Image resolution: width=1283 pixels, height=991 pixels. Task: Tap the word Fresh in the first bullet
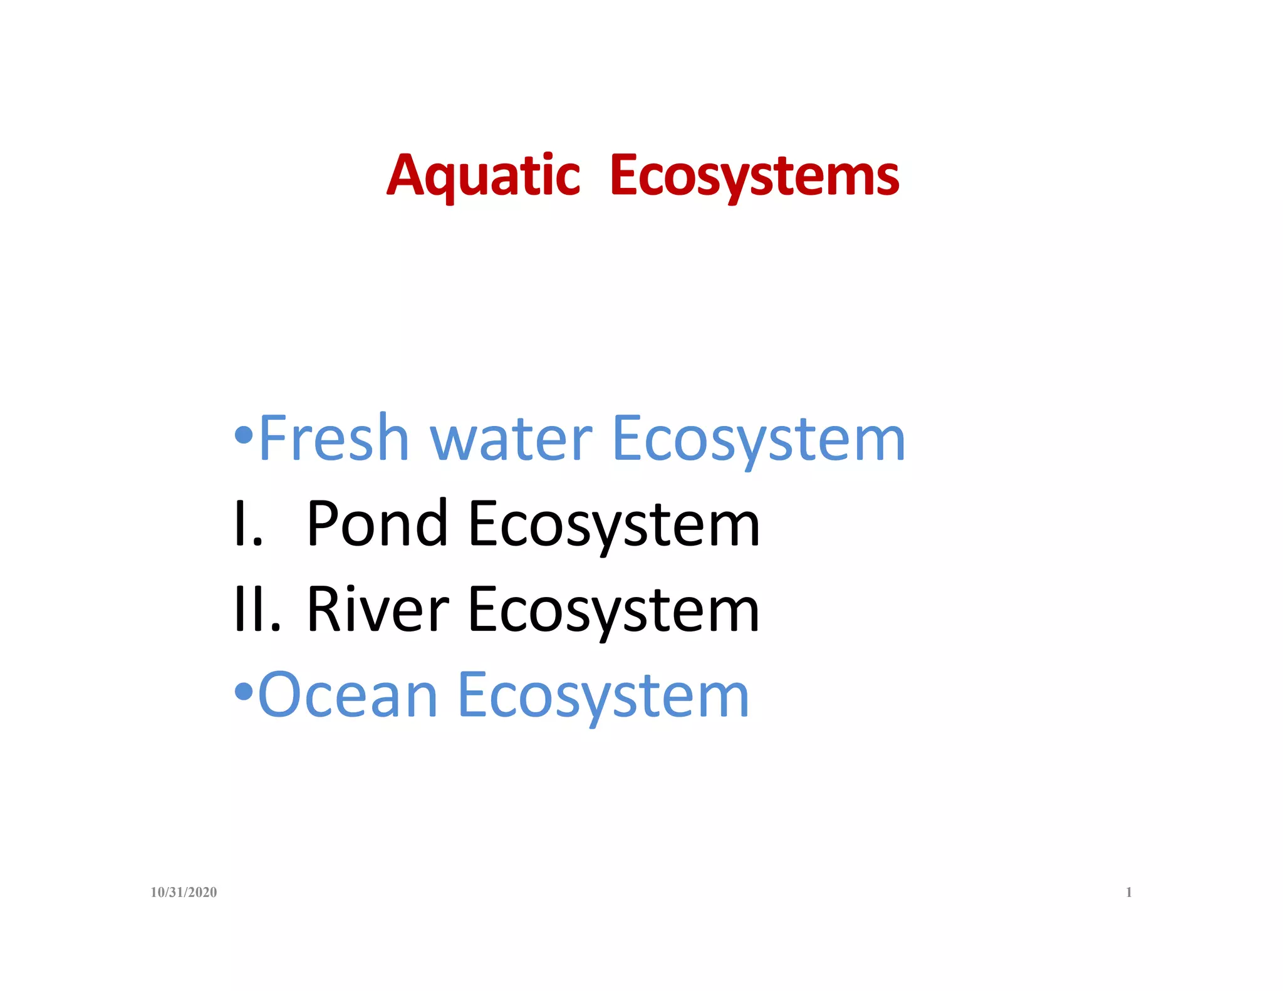(333, 438)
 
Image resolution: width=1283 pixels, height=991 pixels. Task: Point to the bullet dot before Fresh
(244, 434)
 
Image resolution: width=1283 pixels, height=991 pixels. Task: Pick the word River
(377, 610)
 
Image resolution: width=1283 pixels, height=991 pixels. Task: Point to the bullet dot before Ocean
(244, 692)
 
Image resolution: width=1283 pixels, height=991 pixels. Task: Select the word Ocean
(348, 695)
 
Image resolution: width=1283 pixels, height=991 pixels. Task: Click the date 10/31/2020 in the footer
(184, 892)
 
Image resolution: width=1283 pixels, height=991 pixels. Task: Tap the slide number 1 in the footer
(1129, 892)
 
